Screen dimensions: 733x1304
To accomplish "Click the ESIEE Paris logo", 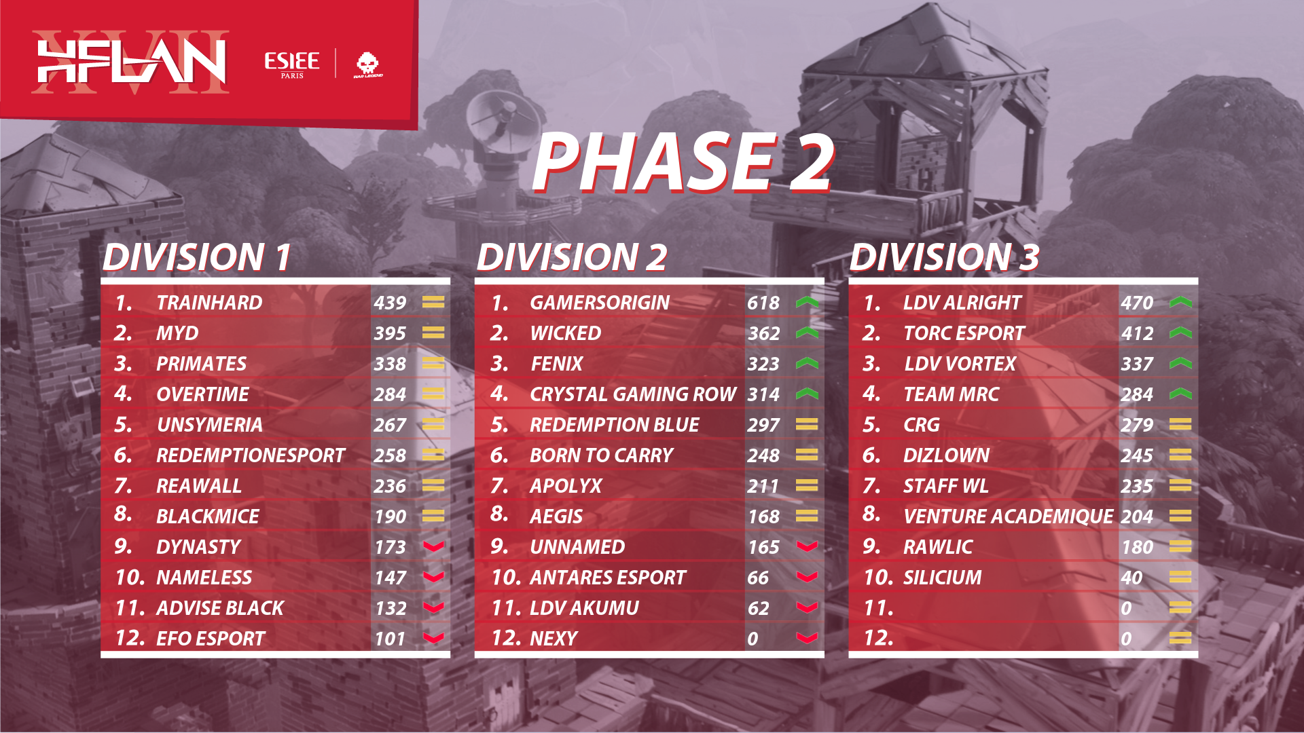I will click(292, 64).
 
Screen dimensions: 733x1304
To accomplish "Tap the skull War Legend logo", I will click(367, 64).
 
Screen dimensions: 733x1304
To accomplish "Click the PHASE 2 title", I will click(683, 163).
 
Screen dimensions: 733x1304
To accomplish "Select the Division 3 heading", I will click(944, 257).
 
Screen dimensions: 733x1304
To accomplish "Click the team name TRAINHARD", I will click(209, 303).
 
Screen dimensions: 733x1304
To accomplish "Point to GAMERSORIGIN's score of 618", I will click(763, 303).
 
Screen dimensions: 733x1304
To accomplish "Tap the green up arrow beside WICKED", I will click(807, 333).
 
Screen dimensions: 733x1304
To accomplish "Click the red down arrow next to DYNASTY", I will click(433, 546).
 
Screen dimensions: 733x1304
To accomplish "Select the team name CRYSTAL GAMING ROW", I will click(632, 394).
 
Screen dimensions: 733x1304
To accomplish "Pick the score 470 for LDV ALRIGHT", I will click(1137, 303).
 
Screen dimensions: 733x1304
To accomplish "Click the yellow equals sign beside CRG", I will click(1180, 424).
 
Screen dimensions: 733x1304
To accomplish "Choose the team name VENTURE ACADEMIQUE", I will click(1008, 516).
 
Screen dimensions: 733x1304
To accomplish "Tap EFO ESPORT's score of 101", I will click(390, 639).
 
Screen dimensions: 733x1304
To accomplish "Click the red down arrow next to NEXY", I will click(807, 638).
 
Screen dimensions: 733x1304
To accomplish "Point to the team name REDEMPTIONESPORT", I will click(251, 455).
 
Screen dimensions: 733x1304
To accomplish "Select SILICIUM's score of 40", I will click(1131, 578).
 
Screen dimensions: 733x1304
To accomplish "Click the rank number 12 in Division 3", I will click(878, 638).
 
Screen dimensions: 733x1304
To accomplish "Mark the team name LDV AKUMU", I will click(584, 608).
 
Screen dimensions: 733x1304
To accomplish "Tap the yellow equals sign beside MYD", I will click(433, 333).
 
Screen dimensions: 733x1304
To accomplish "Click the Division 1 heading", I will click(197, 257).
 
